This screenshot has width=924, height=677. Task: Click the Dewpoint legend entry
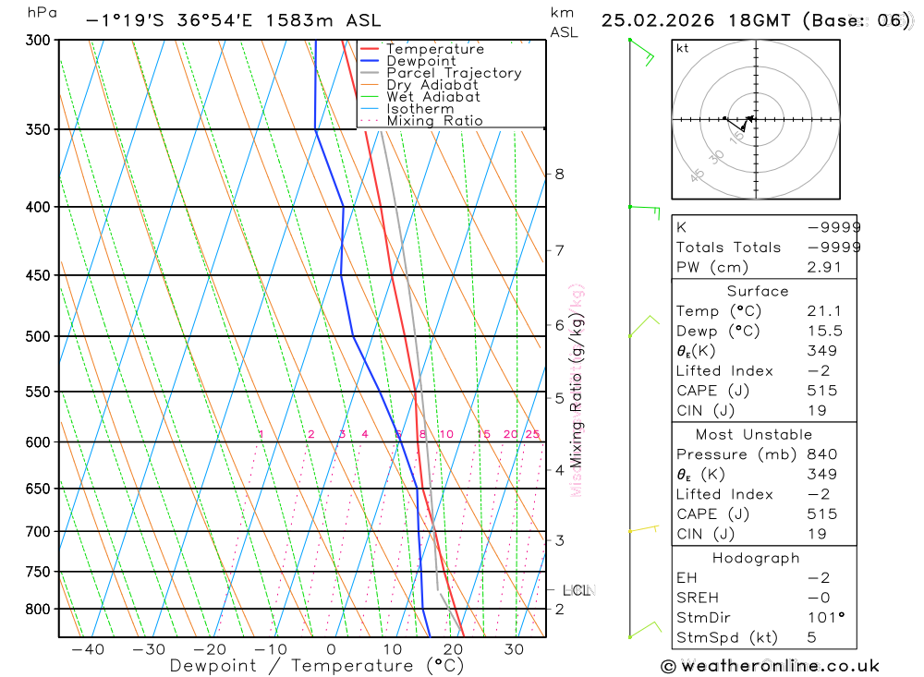[x=421, y=61]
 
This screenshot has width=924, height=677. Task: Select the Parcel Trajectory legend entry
[x=454, y=73]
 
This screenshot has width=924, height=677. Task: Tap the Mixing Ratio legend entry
[x=434, y=120]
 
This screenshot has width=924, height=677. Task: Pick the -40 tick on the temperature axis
[x=89, y=649]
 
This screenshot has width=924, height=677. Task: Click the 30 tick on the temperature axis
[x=515, y=649]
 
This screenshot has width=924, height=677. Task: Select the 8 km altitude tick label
[x=559, y=174]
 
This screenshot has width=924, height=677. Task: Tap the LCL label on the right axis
[x=577, y=590]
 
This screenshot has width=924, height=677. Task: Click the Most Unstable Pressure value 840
[x=821, y=454]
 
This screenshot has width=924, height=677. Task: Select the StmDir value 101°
[x=825, y=618]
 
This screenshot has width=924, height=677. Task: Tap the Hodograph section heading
[x=756, y=558]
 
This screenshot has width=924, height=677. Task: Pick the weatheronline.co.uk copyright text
[x=771, y=666]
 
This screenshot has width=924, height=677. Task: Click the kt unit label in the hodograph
[x=683, y=49]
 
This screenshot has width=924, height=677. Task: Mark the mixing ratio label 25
[x=532, y=434]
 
